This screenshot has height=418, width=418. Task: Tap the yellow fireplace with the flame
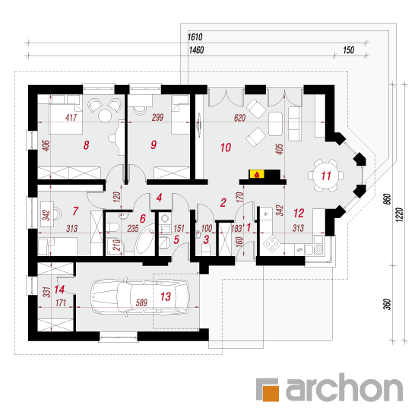click(257, 174)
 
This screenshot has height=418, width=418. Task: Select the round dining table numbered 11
click(326, 176)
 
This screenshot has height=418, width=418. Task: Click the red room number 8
click(86, 145)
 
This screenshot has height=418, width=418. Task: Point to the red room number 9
click(154, 144)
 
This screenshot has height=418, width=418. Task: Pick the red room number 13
click(165, 296)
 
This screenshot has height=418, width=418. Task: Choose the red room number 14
click(59, 290)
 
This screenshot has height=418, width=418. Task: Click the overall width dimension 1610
click(195, 36)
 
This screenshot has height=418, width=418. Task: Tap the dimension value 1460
click(196, 50)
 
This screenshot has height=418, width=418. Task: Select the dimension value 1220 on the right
click(399, 214)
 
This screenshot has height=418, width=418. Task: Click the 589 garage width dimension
click(141, 302)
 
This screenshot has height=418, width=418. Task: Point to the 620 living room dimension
click(239, 118)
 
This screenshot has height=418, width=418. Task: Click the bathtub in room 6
click(145, 239)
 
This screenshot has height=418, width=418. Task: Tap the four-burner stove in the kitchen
click(271, 242)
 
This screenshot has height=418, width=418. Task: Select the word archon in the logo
click(344, 388)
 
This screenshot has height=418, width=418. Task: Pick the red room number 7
click(75, 211)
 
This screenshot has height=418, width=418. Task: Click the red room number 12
click(299, 213)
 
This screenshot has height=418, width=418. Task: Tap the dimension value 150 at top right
click(348, 50)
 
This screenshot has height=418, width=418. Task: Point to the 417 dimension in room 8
click(71, 117)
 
